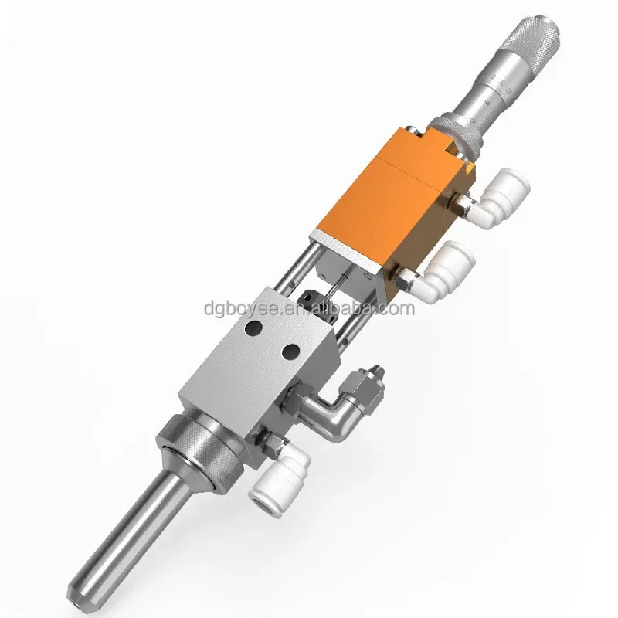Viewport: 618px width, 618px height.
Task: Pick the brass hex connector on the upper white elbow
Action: [460, 205]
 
